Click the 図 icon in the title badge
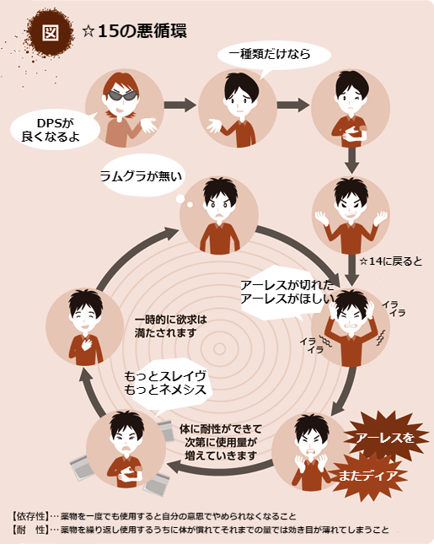pyautogui.click(x=51, y=33)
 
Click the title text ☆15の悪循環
pyautogui.click(x=135, y=31)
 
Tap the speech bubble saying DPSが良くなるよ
pyautogui.click(x=55, y=130)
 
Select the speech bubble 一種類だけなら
pyautogui.click(x=274, y=55)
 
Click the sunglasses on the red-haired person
pyautogui.click(x=121, y=95)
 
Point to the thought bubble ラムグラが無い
pyautogui.click(x=142, y=176)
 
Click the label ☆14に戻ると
pyautogui.click(x=391, y=261)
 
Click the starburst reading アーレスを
pyautogui.click(x=384, y=438)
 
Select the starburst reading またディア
pyautogui.click(x=367, y=476)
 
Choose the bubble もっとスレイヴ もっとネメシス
pyautogui.click(x=166, y=383)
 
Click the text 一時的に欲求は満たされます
pyautogui.click(x=170, y=326)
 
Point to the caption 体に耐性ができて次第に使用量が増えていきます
pyautogui.click(x=221, y=442)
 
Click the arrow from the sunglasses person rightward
pyautogui.click(x=180, y=105)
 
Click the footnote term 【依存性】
pyautogui.click(x=29, y=516)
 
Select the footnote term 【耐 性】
pyautogui.click(x=29, y=530)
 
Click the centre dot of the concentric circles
pyautogui.click(x=219, y=348)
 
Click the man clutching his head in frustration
pyautogui.click(x=351, y=327)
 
